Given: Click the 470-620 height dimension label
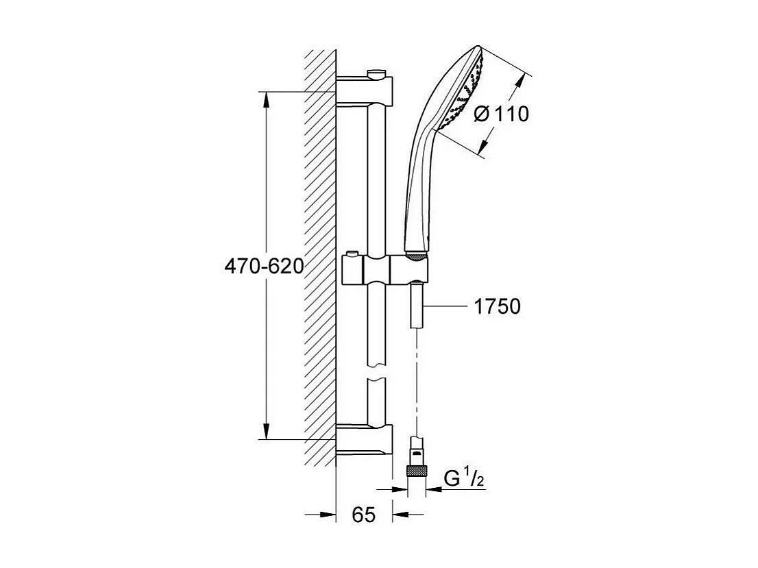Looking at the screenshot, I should coord(264,266).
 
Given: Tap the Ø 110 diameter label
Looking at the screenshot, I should coord(501,114).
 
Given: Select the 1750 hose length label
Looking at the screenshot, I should coord(497,307).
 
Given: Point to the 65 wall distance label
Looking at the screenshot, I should coord(364,515).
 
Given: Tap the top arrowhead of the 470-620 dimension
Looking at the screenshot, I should coord(266,99).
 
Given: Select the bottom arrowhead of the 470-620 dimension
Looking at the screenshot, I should coord(266,432).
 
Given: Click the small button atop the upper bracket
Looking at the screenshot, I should coord(376,73).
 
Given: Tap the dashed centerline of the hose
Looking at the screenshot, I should coord(416,384).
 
